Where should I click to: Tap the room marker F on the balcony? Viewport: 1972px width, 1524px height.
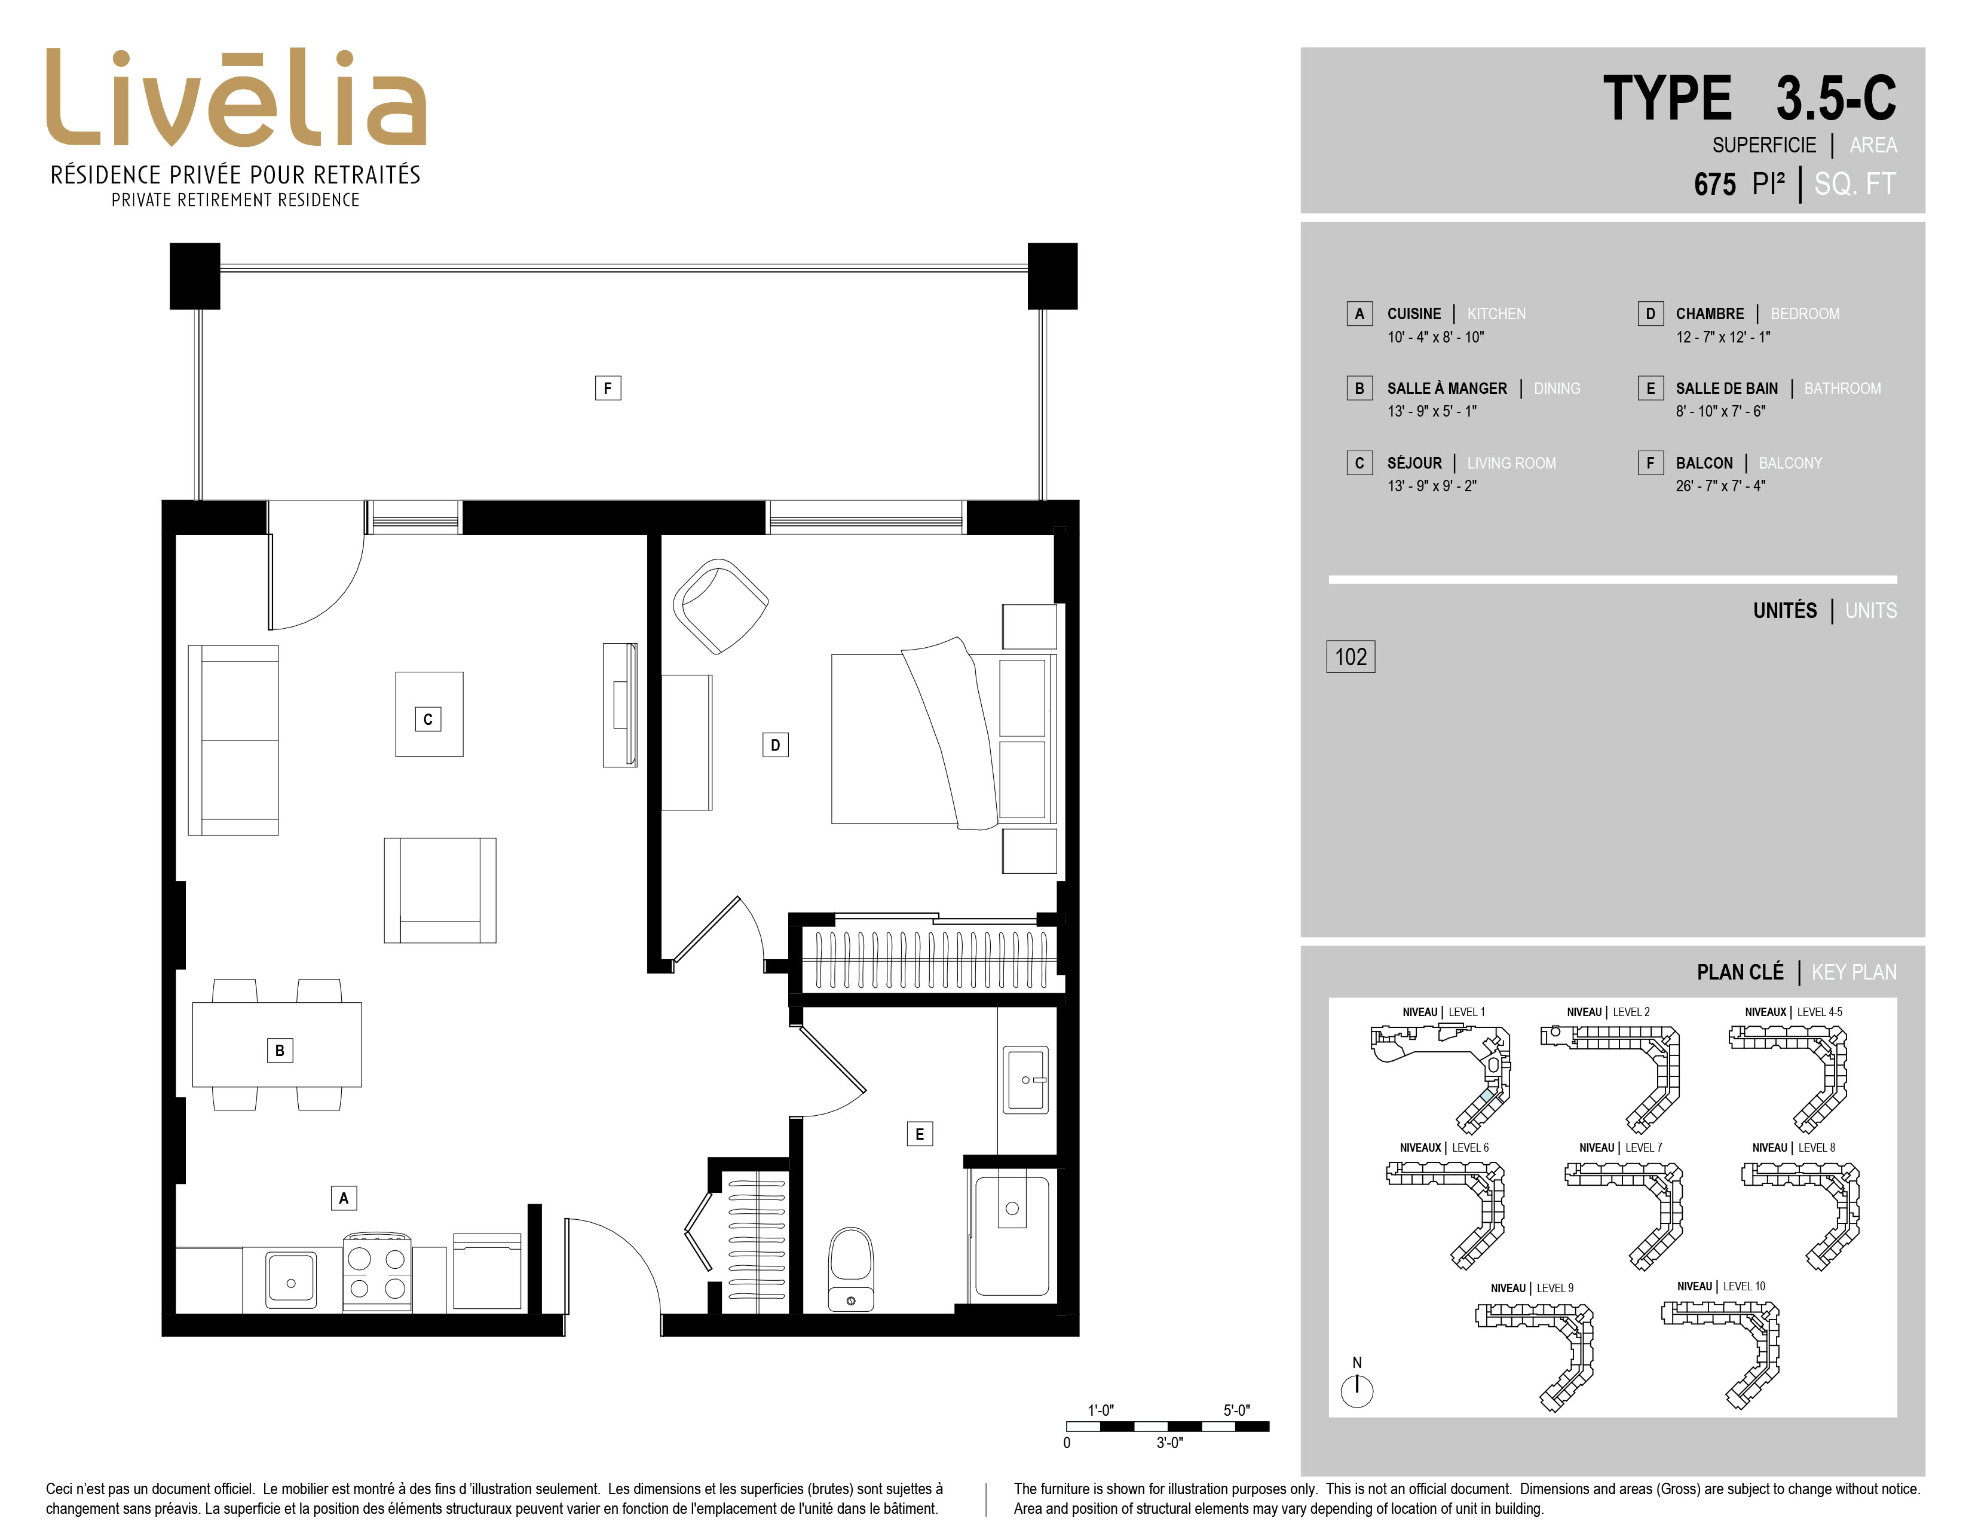point(608,388)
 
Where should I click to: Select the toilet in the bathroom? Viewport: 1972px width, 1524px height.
point(850,1268)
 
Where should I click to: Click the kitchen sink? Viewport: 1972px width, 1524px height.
point(291,1280)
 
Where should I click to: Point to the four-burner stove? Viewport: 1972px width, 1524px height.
point(378,1272)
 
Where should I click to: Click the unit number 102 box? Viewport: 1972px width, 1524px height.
point(1351,656)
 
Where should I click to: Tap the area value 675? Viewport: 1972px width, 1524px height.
point(1714,184)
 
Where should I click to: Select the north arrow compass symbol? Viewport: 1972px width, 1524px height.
point(1357,1390)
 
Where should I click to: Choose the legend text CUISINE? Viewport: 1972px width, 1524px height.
point(1414,314)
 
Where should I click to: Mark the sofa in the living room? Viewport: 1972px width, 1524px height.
point(233,740)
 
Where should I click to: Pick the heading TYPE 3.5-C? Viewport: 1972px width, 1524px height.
point(1749,99)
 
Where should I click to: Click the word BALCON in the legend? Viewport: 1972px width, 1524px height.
point(1704,463)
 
